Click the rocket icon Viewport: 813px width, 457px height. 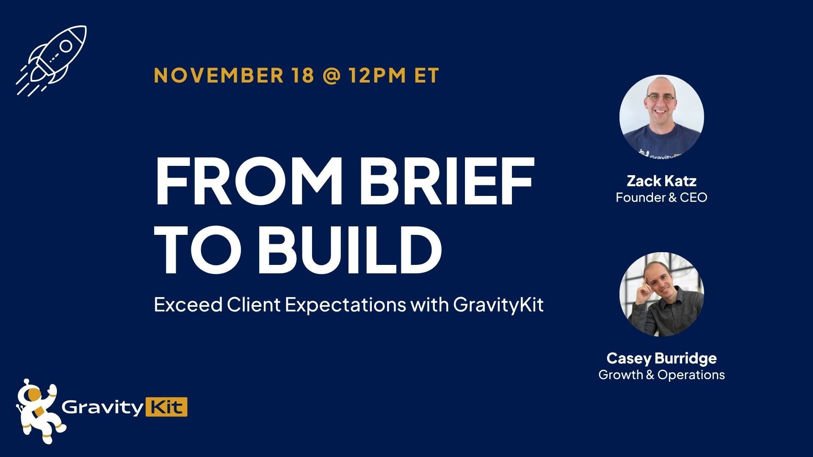[x=52, y=60]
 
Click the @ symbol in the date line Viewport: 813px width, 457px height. [x=331, y=75]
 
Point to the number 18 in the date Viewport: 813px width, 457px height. [x=303, y=75]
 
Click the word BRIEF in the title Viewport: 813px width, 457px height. [x=447, y=181]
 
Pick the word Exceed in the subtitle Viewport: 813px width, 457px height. [x=188, y=305]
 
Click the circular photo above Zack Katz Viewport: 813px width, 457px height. [x=661, y=117]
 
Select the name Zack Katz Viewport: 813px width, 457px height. [x=661, y=181]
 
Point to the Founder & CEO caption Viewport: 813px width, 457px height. [x=661, y=198]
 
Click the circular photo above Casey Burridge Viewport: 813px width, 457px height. [x=661, y=295]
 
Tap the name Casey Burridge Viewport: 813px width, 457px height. [x=661, y=358]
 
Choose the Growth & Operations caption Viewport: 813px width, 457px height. [x=661, y=375]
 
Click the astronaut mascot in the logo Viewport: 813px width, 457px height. [x=38, y=410]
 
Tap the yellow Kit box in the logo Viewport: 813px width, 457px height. [x=166, y=407]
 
